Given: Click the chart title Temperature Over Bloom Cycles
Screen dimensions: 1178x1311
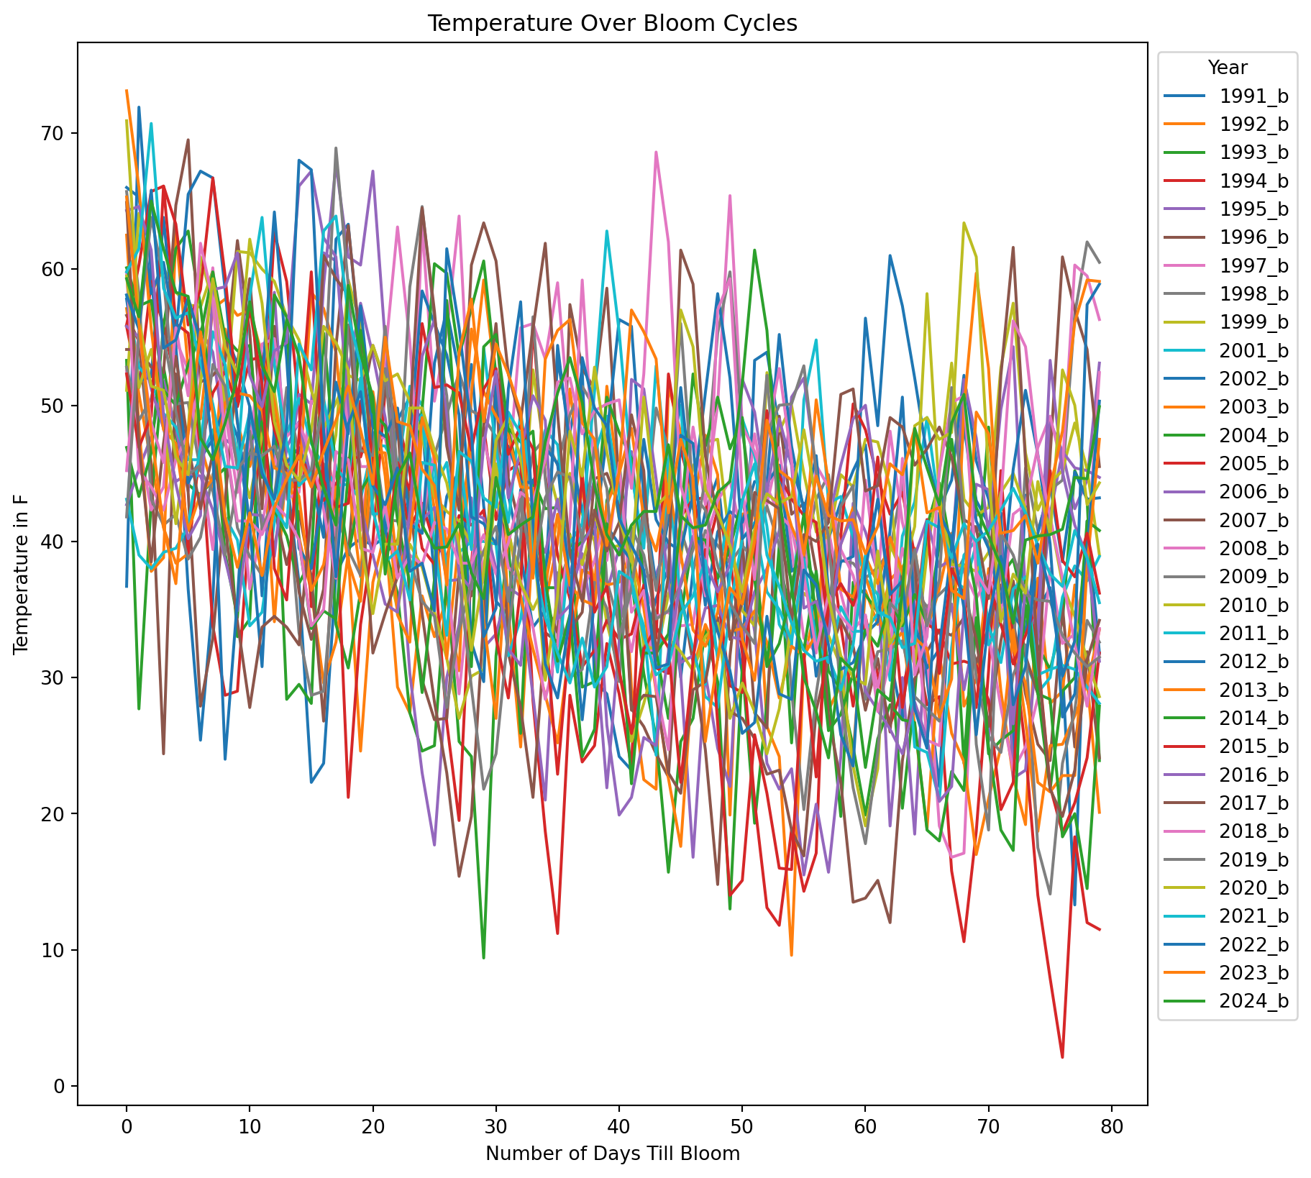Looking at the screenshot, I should [612, 24].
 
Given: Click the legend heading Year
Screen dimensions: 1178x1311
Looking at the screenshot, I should [1227, 68].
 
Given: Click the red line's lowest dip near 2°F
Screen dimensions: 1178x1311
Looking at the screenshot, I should [1062, 1056].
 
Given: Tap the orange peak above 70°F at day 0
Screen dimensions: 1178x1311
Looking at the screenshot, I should [127, 91].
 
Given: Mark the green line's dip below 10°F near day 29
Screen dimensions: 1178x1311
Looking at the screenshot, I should [483, 957].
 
